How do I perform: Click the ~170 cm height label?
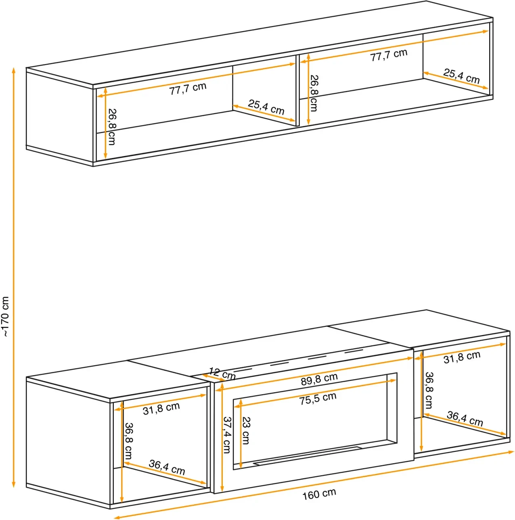5,316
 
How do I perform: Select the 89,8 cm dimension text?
319,379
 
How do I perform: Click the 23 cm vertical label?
246,431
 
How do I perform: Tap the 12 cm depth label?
222,374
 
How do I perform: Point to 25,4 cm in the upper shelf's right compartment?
461,76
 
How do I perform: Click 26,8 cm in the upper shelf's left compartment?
111,127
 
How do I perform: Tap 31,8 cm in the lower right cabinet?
462,357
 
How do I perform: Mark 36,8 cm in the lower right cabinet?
429,390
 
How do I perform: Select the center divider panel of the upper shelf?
297,90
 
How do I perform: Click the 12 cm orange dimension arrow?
214,378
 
